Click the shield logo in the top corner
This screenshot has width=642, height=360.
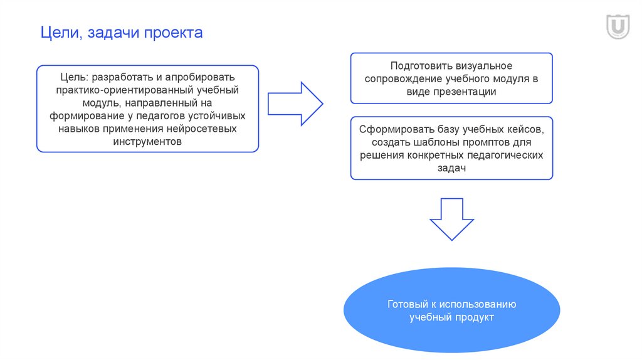coord(618,28)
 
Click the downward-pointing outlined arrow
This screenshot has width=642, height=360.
coord(451,219)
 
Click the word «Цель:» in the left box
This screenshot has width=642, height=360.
coord(75,78)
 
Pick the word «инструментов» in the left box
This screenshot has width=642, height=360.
coord(148,142)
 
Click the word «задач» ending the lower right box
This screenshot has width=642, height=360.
coord(451,168)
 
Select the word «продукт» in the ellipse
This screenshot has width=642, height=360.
coord(475,318)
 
